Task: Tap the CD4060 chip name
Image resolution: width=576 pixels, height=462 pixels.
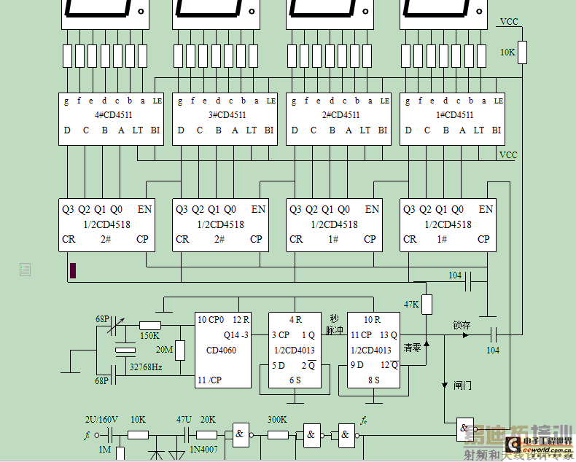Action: click(x=222, y=350)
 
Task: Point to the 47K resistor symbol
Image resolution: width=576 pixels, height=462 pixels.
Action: click(x=427, y=304)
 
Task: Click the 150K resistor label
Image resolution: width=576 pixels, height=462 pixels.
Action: click(x=149, y=336)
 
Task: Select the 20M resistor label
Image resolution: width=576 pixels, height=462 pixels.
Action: click(x=164, y=350)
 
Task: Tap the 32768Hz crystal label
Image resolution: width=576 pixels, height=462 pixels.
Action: click(x=145, y=367)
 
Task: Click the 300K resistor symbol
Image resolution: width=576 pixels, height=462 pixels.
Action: click(x=278, y=435)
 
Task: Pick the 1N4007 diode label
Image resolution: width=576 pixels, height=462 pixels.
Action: click(x=203, y=450)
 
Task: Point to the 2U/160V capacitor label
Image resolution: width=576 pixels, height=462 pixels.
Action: click(x=101, y=420)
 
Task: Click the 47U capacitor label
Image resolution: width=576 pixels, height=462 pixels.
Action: click(x=184, y=420)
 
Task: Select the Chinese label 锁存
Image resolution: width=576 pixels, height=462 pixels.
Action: click(x=462, y=325)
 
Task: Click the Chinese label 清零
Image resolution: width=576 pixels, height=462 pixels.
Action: click(x=413, y=348)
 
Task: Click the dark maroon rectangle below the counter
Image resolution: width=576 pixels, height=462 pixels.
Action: click(x=73, y=270)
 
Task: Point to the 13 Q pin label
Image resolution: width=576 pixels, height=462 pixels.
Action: click(x=388, y=335)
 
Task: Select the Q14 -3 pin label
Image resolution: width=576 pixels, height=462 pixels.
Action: click(x=237, y=335)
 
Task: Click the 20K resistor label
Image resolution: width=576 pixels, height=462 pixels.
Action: click(x=208, y=420)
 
